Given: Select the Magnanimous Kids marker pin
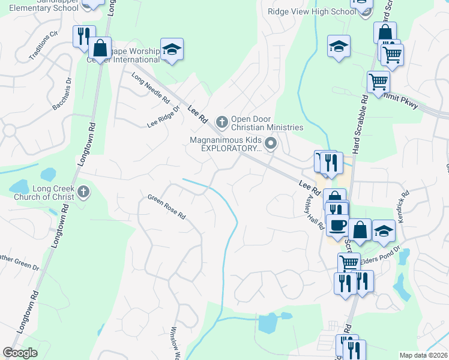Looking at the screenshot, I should tap(271, 143).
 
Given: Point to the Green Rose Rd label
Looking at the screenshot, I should tap(167, 207).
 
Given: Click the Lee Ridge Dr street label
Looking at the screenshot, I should tap(164, 118).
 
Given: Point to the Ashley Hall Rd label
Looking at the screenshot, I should tap(316, 212).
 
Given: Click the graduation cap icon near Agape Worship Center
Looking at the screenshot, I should tap(172, 50).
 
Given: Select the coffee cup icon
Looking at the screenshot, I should tap(337, 224).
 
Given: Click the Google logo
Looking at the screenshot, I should tap(20, 353).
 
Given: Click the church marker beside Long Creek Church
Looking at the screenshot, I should tap(83, 193).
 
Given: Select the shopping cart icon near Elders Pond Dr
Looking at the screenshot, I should tap(348, 262).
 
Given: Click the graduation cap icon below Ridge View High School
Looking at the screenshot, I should tap(339, 46).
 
